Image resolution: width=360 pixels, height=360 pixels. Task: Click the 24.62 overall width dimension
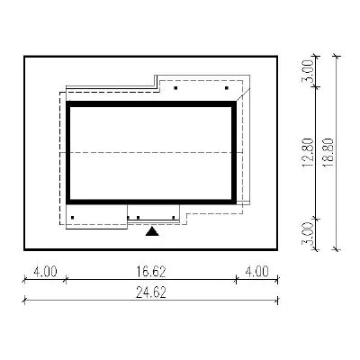point(151,292)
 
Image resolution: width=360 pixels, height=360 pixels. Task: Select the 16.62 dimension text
point(151,272)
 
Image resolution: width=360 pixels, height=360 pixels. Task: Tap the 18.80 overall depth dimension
point(328,152)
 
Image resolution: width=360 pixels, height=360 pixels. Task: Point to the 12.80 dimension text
point(308,152)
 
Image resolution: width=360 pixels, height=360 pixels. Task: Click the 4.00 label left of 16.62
point(45,272)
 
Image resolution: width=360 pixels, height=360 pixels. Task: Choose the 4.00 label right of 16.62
point(257,272)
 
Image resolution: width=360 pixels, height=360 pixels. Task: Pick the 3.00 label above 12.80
point(308,71)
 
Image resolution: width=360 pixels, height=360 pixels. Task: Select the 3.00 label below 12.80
point(308,233)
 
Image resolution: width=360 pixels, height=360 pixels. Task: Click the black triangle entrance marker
point(152,231)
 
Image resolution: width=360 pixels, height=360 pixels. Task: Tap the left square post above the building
point(175,88)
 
